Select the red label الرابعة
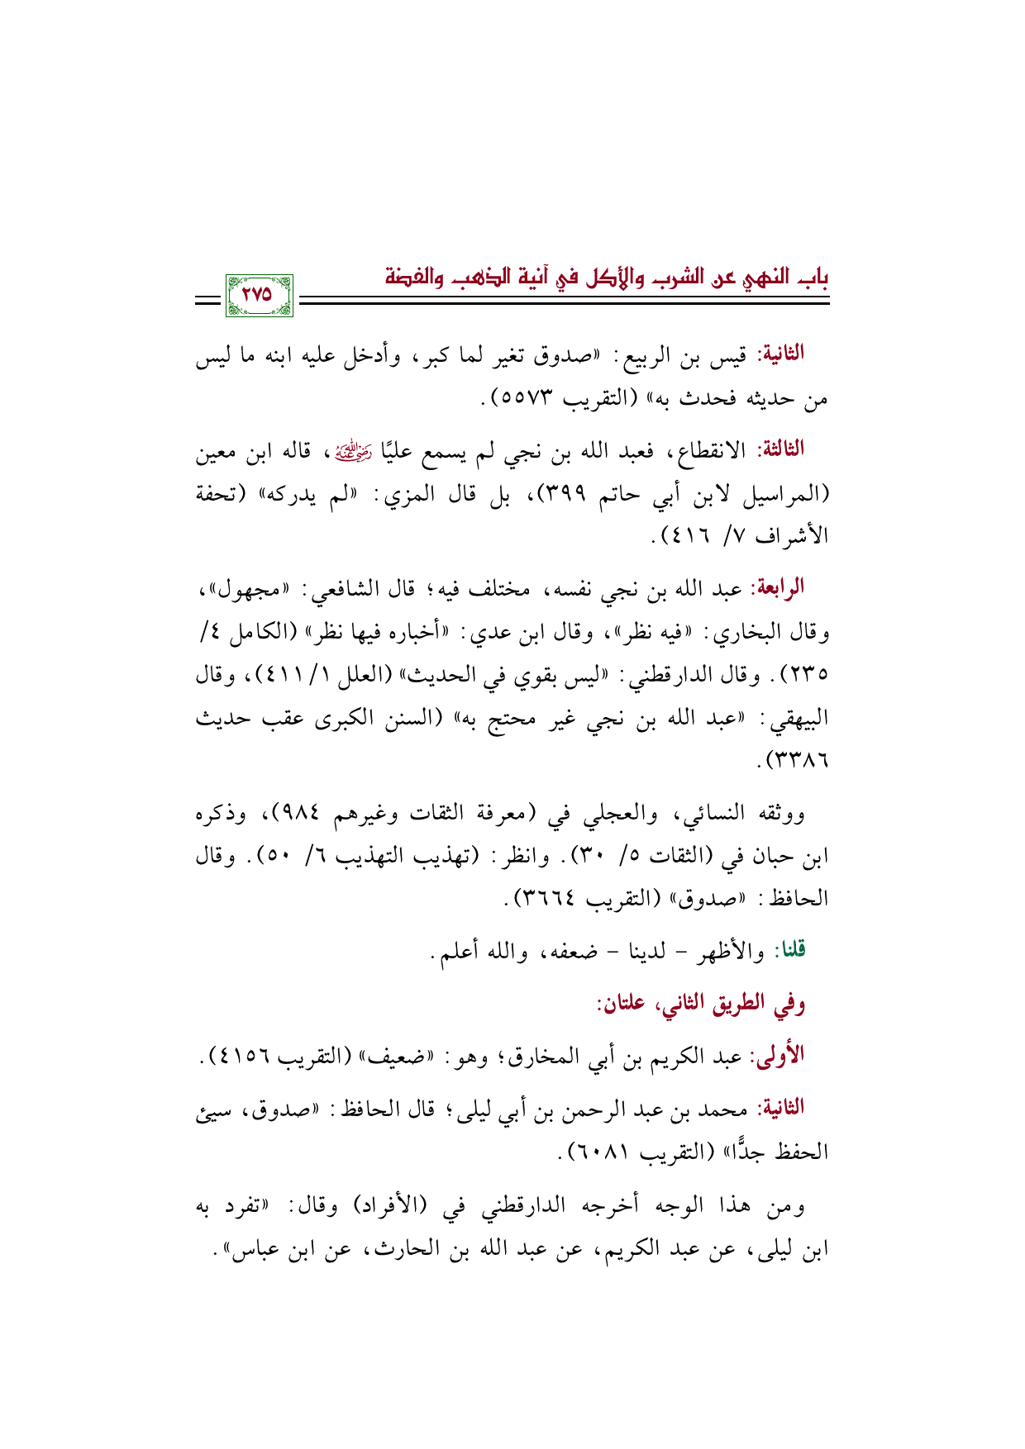point(776,588)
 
